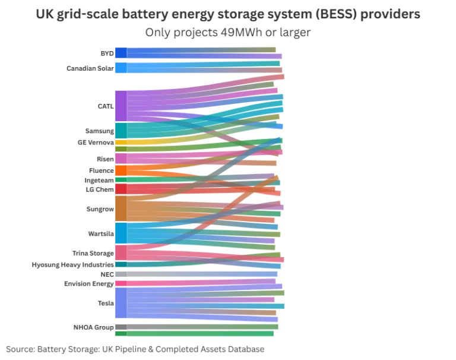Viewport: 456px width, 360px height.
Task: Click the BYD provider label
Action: [x=107, y=53]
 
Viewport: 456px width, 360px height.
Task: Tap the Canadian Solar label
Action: [x=90, y=68]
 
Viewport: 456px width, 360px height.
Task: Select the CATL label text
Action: [x=105, y=106]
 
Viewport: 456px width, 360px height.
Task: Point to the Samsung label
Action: [x=99, y=131]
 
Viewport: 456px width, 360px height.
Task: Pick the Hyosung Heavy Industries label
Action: [x=72, y=265]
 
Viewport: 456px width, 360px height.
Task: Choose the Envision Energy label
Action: [x=88, y=284]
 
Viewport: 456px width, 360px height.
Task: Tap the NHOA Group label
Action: [x=94, y=327]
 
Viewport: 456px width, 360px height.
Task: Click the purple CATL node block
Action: [x=121, y=106]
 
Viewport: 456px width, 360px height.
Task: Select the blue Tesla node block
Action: [x=121, y=303]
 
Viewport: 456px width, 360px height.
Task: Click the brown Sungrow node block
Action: [x=121, y=209]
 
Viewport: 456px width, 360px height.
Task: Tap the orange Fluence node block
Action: [x=121, y=170]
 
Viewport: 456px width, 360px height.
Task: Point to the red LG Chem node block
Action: [x=121, y=189]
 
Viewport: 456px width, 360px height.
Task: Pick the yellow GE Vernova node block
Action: [x=121, y=143]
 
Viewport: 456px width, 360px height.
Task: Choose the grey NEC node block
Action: [x=121, y=274]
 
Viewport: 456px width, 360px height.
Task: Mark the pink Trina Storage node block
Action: [x=121, y=252]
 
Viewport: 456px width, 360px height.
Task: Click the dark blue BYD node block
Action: [x=121, y=53]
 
